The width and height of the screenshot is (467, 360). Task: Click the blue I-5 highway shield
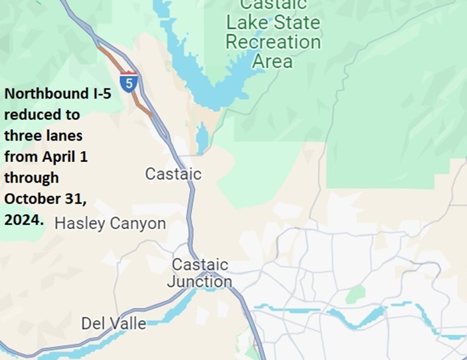129,83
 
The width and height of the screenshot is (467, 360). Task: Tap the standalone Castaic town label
173,174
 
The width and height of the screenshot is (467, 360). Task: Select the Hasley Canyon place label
110,224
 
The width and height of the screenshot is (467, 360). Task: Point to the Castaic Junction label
200,273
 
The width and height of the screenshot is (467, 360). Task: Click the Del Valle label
113,324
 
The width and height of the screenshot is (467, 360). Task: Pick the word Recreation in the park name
273,42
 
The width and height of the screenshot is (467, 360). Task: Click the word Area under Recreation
273,61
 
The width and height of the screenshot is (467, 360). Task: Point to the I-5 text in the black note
102,94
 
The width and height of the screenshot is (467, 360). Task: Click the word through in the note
31,178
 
